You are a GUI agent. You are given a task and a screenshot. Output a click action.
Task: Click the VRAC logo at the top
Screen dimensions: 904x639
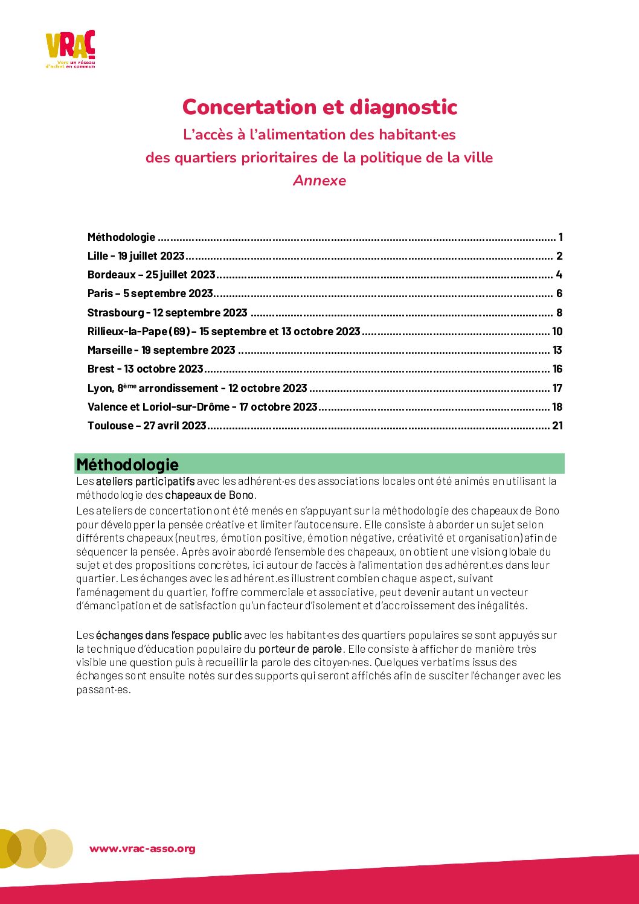point(70,49)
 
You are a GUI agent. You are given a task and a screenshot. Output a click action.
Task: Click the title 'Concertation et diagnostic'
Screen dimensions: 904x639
point(319,107)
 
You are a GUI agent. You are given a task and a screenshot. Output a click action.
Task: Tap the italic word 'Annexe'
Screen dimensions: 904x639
point(319,181)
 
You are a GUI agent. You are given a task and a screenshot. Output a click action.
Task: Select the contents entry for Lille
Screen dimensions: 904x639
point(136,256)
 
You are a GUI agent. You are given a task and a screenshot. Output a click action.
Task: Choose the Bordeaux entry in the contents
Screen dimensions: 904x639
point(151,275)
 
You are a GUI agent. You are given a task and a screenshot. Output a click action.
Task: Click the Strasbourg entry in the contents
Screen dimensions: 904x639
point(167,313)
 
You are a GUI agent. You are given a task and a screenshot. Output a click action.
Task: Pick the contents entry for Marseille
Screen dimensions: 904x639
point(161,350)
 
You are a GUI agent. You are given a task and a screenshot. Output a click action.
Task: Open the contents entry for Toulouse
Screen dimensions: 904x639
point(147,426)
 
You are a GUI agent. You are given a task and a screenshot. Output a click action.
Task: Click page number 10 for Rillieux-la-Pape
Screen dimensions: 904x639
point(557,332)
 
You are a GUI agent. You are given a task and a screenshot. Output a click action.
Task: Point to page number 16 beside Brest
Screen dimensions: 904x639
point(557,369)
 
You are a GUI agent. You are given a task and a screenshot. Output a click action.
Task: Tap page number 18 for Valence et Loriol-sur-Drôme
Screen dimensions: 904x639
point(557,407)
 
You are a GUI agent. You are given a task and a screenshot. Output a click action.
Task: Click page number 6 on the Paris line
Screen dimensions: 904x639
point(559,293)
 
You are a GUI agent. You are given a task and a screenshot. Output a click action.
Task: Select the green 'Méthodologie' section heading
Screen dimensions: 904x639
point(127,464)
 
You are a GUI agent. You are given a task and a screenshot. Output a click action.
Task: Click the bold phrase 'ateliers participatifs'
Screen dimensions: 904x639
point(145,481)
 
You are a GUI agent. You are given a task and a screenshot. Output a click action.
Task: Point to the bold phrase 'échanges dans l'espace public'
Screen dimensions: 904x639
point(169,635)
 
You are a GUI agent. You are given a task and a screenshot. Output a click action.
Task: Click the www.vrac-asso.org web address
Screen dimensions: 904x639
point(143,848)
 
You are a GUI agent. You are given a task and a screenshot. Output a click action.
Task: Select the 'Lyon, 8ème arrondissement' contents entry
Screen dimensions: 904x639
point(197,388)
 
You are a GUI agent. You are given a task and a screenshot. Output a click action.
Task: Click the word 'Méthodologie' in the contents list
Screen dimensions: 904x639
point(121,237)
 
